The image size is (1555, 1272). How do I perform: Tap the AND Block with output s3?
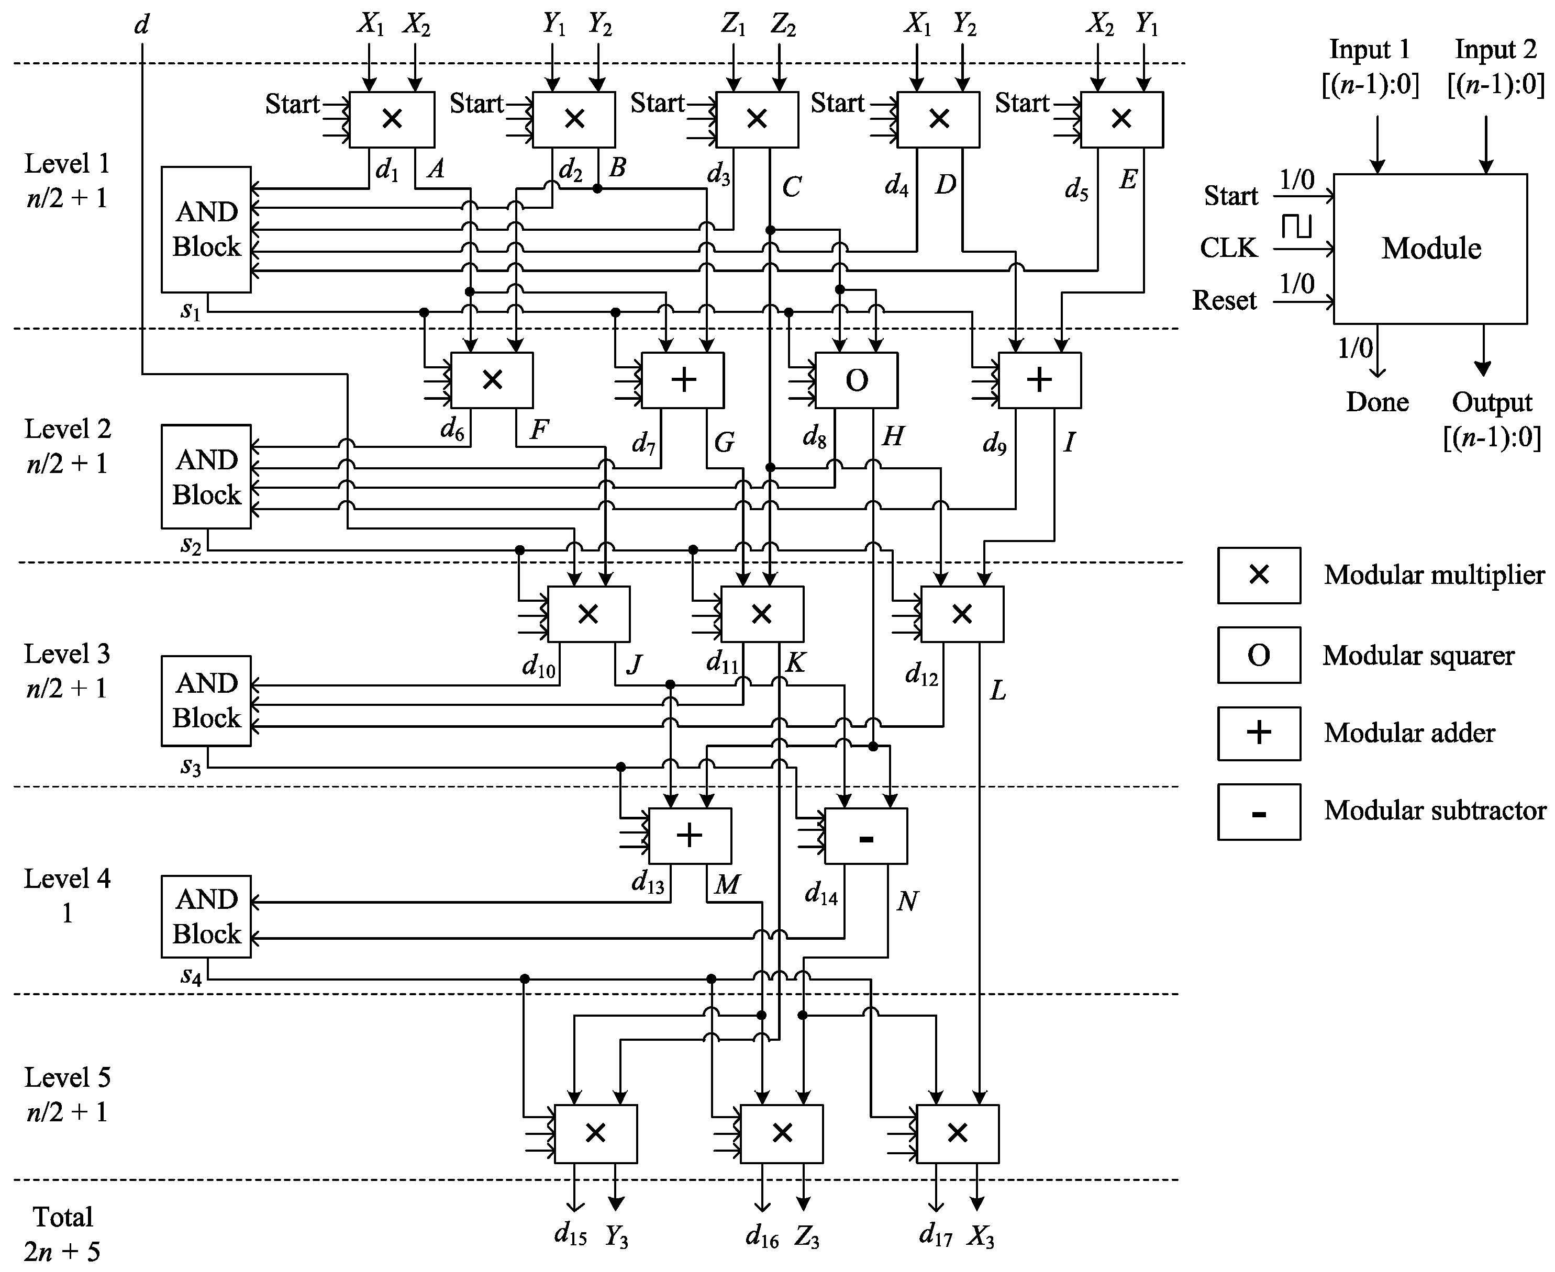(x=206, y=701)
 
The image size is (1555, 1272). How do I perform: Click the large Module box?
(x=1430, y=249)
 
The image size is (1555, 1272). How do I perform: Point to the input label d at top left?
(x=141, y=25)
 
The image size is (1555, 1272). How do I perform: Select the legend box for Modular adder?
(x=1258, y=734)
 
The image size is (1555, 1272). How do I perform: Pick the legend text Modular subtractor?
(x=1434, y=811)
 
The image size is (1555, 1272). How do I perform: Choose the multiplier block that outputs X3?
(x=957, y=1133)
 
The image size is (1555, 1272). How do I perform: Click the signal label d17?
(x=936, y=1237)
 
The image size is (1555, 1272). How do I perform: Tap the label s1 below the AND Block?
(x=191, y=311)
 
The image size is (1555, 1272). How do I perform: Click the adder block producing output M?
(x=689, y=836)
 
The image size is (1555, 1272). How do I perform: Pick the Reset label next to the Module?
(x=1224, y=300)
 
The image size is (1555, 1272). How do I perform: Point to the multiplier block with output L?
(x=961, y=614)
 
